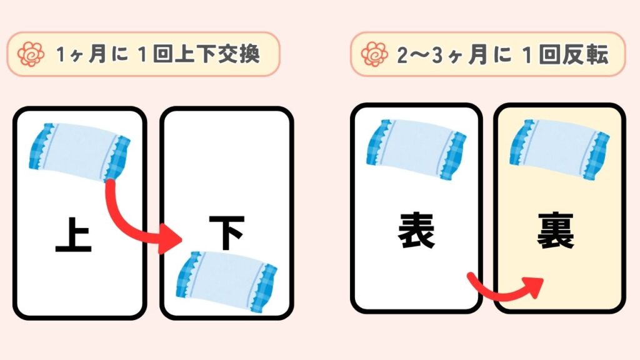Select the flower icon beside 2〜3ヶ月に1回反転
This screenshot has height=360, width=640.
point(375,54)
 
